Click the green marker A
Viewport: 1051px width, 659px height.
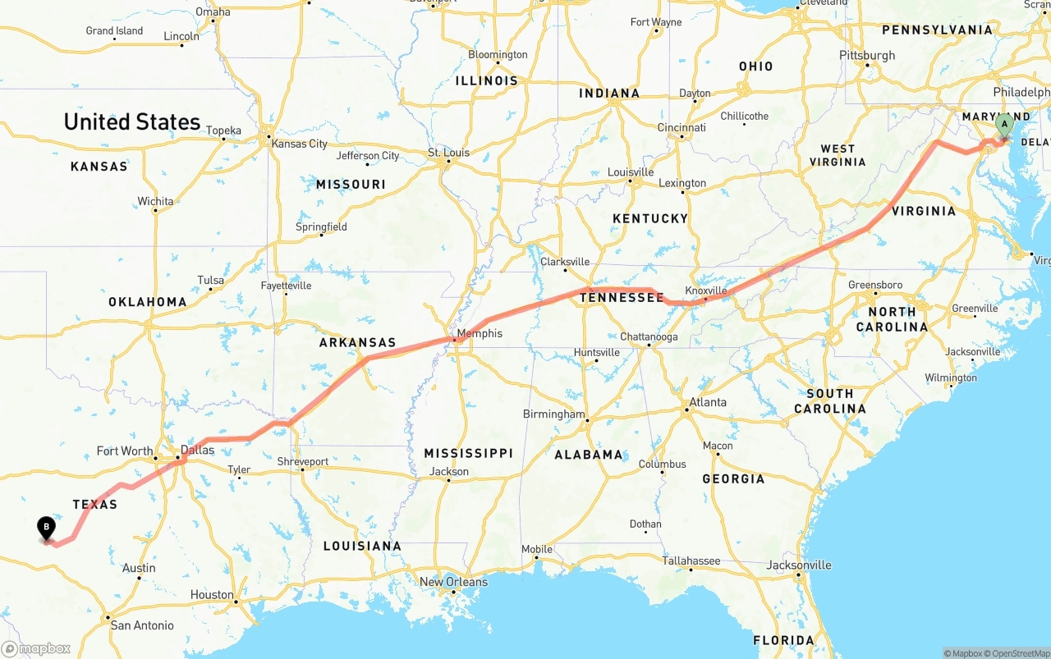tap(1003, 126)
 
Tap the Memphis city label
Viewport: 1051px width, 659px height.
tap(480, 333)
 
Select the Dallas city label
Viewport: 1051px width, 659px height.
tap(197, 450)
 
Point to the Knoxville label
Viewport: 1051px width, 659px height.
tap(706, 291)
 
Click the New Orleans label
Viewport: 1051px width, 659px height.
tap(453, 582)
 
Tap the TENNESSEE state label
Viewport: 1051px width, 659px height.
tap(622, 298)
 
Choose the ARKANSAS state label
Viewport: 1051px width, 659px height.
tap(357, 343)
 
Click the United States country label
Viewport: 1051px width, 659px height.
tap(132, 122)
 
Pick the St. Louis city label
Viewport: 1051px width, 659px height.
tap(448, 153)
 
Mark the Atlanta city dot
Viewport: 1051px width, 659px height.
tap(686, 410)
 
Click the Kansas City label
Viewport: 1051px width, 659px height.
tap(300, 144)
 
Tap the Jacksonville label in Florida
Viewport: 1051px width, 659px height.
tap(799, 565)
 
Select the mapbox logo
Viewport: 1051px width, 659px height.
tap(36, 649)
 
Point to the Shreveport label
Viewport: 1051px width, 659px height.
tap(302, 461)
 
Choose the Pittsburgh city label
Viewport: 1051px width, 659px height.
tap(867, 55)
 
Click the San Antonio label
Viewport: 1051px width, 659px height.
tap(142, 625)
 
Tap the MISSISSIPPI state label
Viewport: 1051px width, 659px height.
tap(468, 453)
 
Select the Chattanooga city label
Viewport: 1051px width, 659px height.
tap(649, 336)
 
